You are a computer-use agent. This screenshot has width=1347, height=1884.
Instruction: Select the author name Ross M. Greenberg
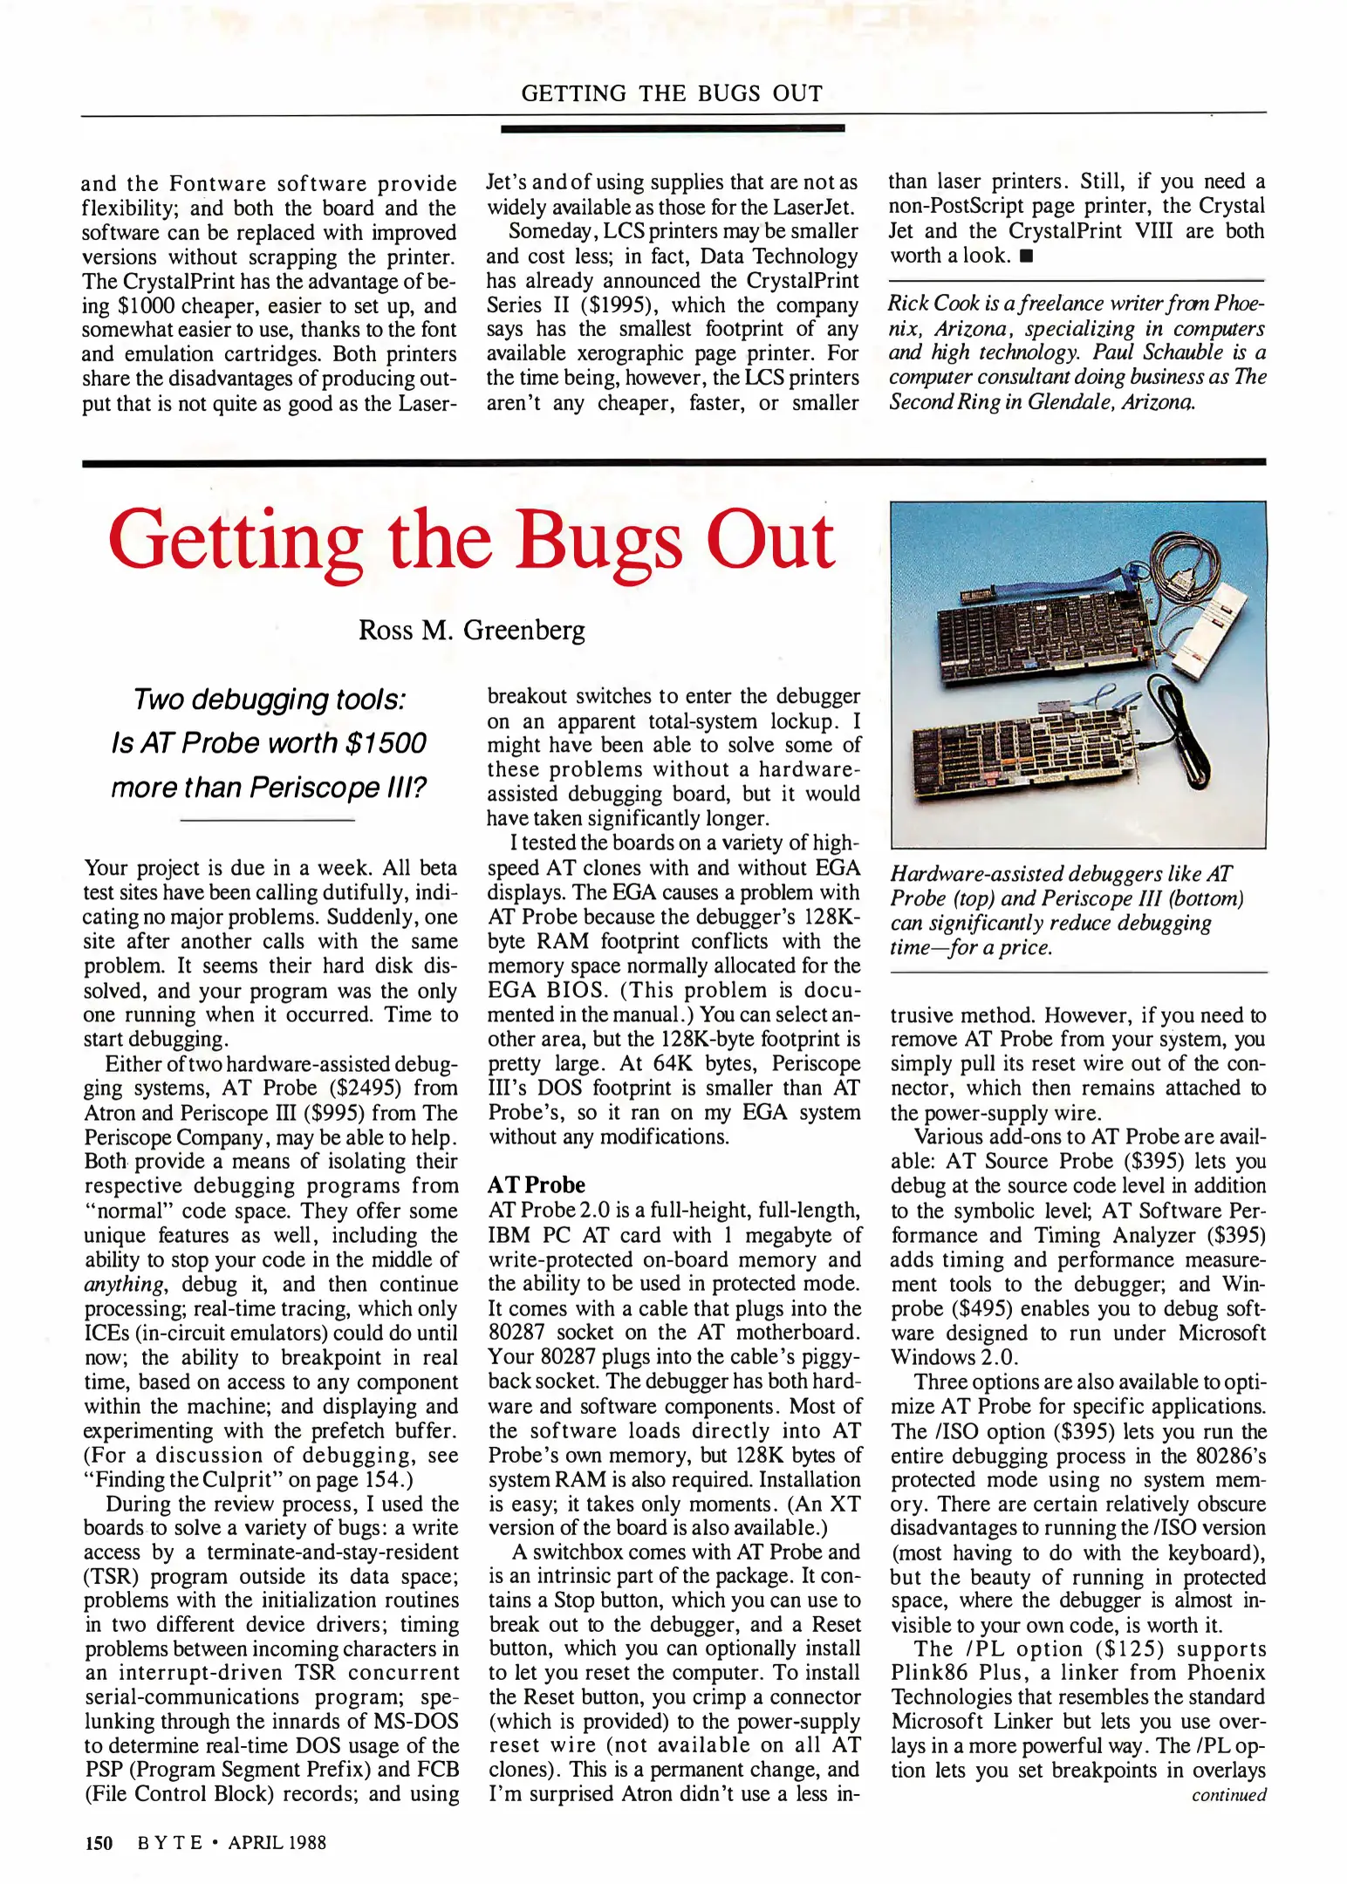(x=471, y=630)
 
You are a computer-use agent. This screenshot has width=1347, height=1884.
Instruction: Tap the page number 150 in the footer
(x=99, y=1842)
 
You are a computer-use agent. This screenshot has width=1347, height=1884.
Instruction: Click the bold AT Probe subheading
(x=536, y=1184)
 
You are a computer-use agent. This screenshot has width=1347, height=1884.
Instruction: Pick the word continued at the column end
(x=1228, y=1794)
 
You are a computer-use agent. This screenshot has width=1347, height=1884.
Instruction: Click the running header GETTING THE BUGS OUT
(x=672, y=93)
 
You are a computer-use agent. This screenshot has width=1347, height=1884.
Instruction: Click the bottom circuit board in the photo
(x=1021, y=750)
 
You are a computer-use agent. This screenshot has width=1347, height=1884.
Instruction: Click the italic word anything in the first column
(x=123, y=1284)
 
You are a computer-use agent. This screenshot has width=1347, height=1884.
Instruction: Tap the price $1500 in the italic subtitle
(x=386, y=743)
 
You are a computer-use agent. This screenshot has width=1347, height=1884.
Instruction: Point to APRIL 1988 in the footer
(x=277, y=1842)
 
